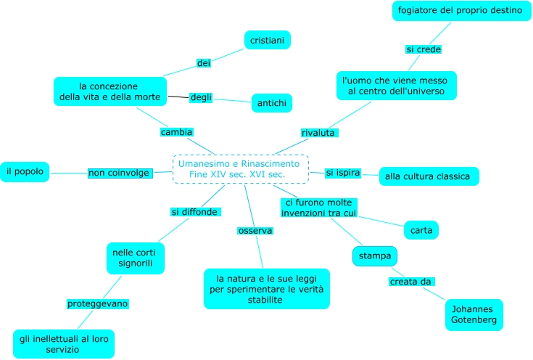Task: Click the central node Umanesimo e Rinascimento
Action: pyautogui.click(x=241, y=168)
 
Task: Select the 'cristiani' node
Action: pyautogui.click(x=267, y=40)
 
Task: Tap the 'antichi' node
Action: pyautogui.click(x=271, y=104)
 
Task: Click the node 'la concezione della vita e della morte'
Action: pyautogui.click(x=110, y=91)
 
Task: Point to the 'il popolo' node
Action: pyautogui.click(x=25, y=172)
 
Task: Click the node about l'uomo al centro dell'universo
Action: pyautogui.click(x=397, y=85)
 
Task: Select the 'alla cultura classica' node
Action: pyautogui.click(x=429, y=176)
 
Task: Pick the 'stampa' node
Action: pyautogui.click(x=376, y=255)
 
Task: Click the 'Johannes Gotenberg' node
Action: pyautogui.click(x=474, y=314)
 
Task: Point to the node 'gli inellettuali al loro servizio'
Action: pyautogui.click(x=64, y=343)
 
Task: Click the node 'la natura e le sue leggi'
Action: pyautogui.click(x=267, y=288)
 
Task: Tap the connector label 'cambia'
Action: pyautogui.click(x=176, y=132)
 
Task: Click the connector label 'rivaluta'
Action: pyautogui.click(x=320, y=133)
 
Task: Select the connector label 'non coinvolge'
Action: pyautogui.click(x=119, y=173)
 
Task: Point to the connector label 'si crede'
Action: pyautogui.click(x=423, y=49)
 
